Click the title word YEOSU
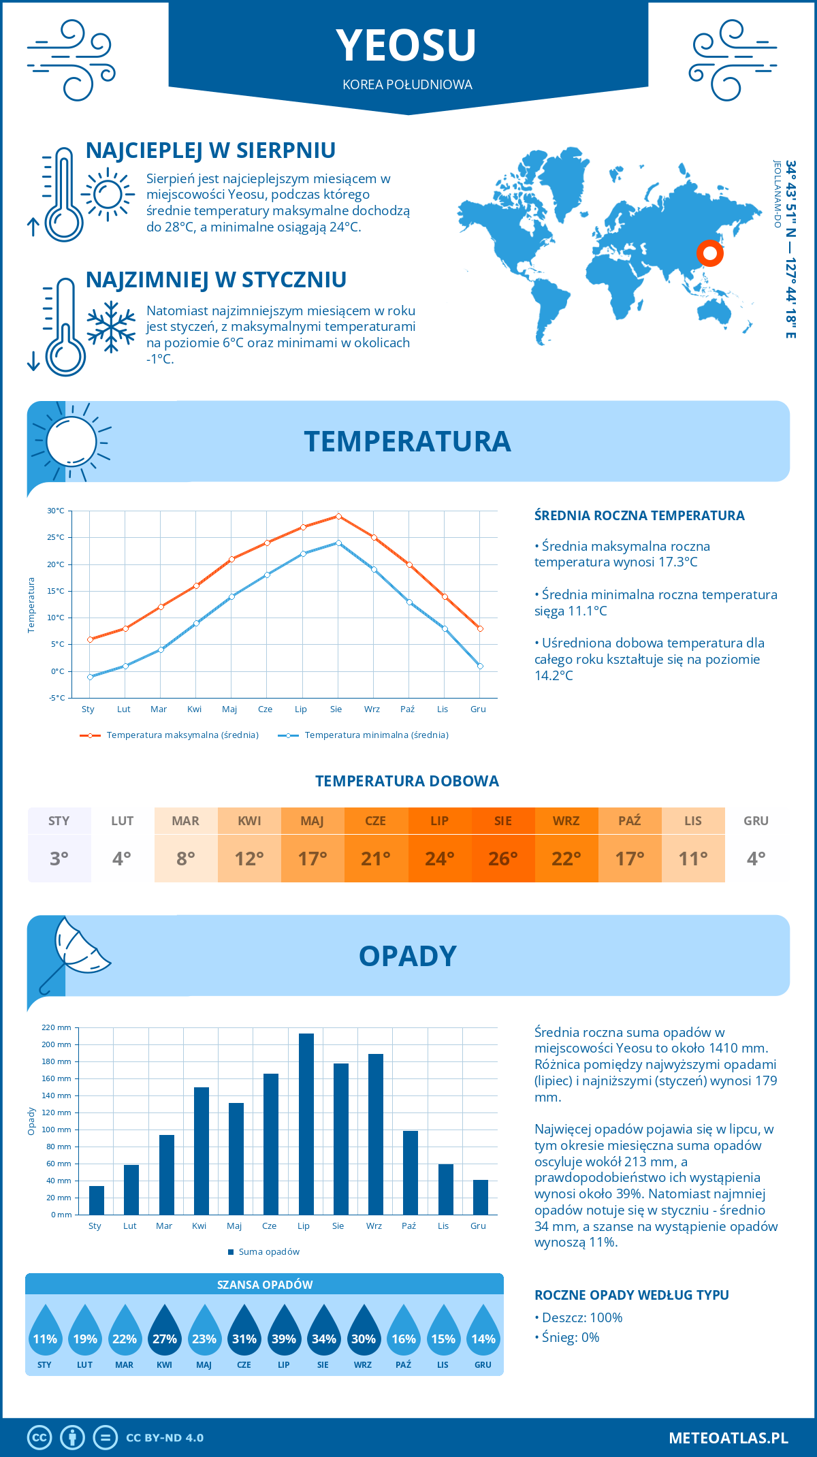pyautogui.click(x=406, y=46)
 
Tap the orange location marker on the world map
pyautogui.click(x=709, y=253)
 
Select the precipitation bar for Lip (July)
pyautogui.click(x=306, y=1123)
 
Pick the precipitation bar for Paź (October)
pyautogui.click(x=411, y=1172)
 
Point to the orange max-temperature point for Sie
pyautogui.click(x=338, y=516)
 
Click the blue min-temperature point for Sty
pyautogui.click(x=90, y=677)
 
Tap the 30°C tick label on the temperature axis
pyautogui.click(x=56, y=511)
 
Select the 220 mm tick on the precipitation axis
pyautogui.click(x=57, y=1027)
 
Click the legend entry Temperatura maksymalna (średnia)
pyautogui.click(x=182, y=735)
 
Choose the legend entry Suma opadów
pyautogui.click(x=269, y=1251)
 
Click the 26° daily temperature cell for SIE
pyautogui.click(x=503, y=859)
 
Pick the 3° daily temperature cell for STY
pyautogui.click(x=59, y=859)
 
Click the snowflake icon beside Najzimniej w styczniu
pyautogui.click(x=111, y=326)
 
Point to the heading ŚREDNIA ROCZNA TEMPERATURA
pyautogui.click(x=639, y=515)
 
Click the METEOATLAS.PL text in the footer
pyautogui.click(x=728, y=1437)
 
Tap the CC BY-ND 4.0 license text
pyautogui.click(x=165, y=1438)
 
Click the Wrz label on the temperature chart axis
pyautogui.click(x=372, y=709)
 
